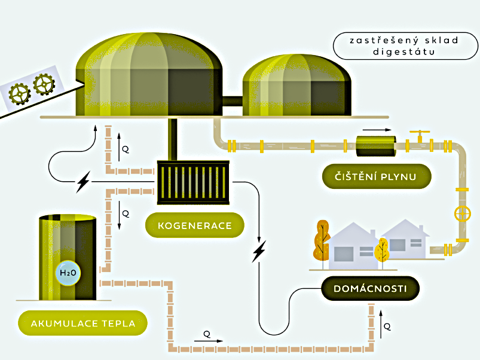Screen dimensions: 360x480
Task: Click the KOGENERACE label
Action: click(x=194, y=225)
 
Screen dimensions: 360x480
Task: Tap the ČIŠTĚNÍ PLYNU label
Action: click(x=375, y=176)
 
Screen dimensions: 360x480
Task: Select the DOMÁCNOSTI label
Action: click(x=371, y=289)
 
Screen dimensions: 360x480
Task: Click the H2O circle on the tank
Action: click(x=68, y=273)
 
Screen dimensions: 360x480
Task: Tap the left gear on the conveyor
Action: click(x=20, y=93)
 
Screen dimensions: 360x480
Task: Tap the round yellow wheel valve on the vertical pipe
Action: click(x=462, y=213)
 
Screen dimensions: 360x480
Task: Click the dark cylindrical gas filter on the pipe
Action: click(x=375, y=145)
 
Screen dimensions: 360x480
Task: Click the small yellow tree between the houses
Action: click(x=381, y=249)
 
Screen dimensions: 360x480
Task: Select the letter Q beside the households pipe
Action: click(x=387, y=327)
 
